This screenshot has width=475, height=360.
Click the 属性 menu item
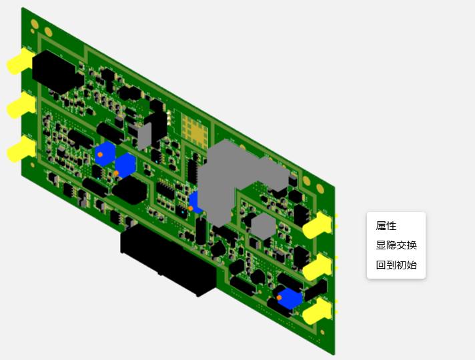click(x=386, y=226)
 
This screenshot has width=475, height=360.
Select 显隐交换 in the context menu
click(x=396, y=245)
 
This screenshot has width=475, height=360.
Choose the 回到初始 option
click(x=396, y=265)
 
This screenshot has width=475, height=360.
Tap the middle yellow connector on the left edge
click(x=21, y=106)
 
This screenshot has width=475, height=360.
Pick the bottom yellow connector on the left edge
click(x=21, y=149)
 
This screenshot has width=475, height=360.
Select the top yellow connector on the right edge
click(x=318, y=225)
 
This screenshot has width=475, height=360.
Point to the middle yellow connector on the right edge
click(x=318, y=267)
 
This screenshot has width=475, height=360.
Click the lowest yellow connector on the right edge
click(x=318, y=311)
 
